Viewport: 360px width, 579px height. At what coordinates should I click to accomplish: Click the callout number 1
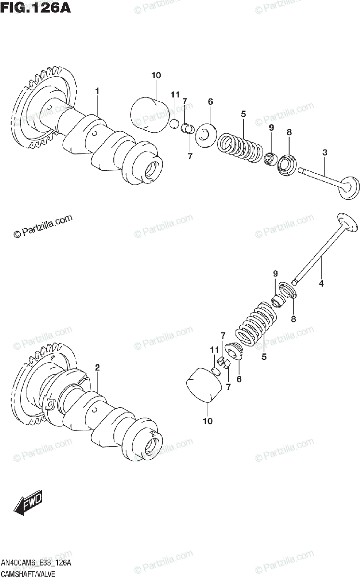pos(97,90)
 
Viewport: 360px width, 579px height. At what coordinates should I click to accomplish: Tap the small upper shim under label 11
pos(175,124)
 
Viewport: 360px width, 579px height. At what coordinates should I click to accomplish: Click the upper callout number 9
pos(271,127)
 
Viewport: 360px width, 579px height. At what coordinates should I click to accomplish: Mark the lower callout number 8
pos(293,318)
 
